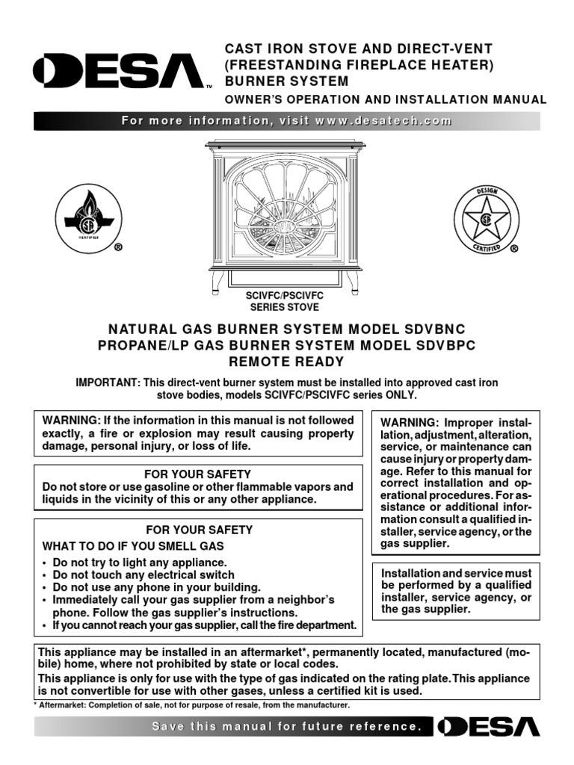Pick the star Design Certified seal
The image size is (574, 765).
[x=486, y=218]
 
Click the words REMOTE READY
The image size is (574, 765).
[x=286, y=362]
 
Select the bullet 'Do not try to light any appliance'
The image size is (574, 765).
[x=139, y=562]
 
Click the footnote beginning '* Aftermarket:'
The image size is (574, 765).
[x=193, y=704]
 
